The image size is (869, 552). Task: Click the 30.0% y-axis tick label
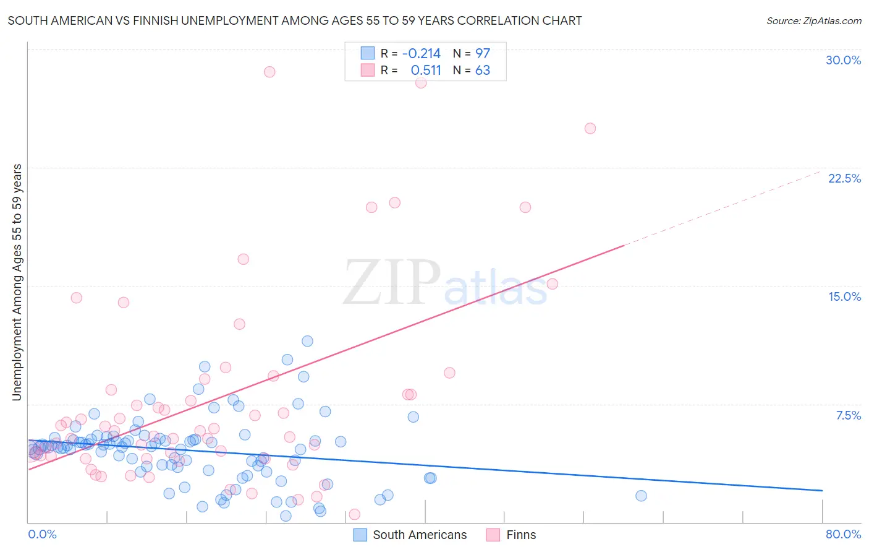(x=843, y=60)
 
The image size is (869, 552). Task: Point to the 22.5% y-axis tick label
(x=844, y=178)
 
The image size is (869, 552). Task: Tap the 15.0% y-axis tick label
(x=844, y=296)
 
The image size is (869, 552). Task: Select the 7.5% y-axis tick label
(x=848, y=415)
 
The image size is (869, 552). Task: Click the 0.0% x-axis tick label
(x=42, y=534)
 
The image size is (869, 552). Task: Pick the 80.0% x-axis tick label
(x=843, y=534)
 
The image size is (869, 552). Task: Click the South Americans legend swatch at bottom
(x=360, y=535)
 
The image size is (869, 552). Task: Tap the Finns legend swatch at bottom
(x=493, y=535)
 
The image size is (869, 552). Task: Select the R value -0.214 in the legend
(x=421, y=53)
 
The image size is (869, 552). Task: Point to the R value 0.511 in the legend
(x=426, y=70)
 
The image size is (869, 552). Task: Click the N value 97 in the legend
(x=482, y=53)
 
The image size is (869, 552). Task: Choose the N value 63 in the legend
(x=482, y=70)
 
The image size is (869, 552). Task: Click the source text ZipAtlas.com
(x=813, y=20)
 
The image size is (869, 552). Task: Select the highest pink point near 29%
(x=269, y=72)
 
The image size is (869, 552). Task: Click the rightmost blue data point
(x=641, y=496)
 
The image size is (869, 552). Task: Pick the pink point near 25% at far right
(x=590, y=129)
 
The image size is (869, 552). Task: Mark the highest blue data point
(x=307, y=341)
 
